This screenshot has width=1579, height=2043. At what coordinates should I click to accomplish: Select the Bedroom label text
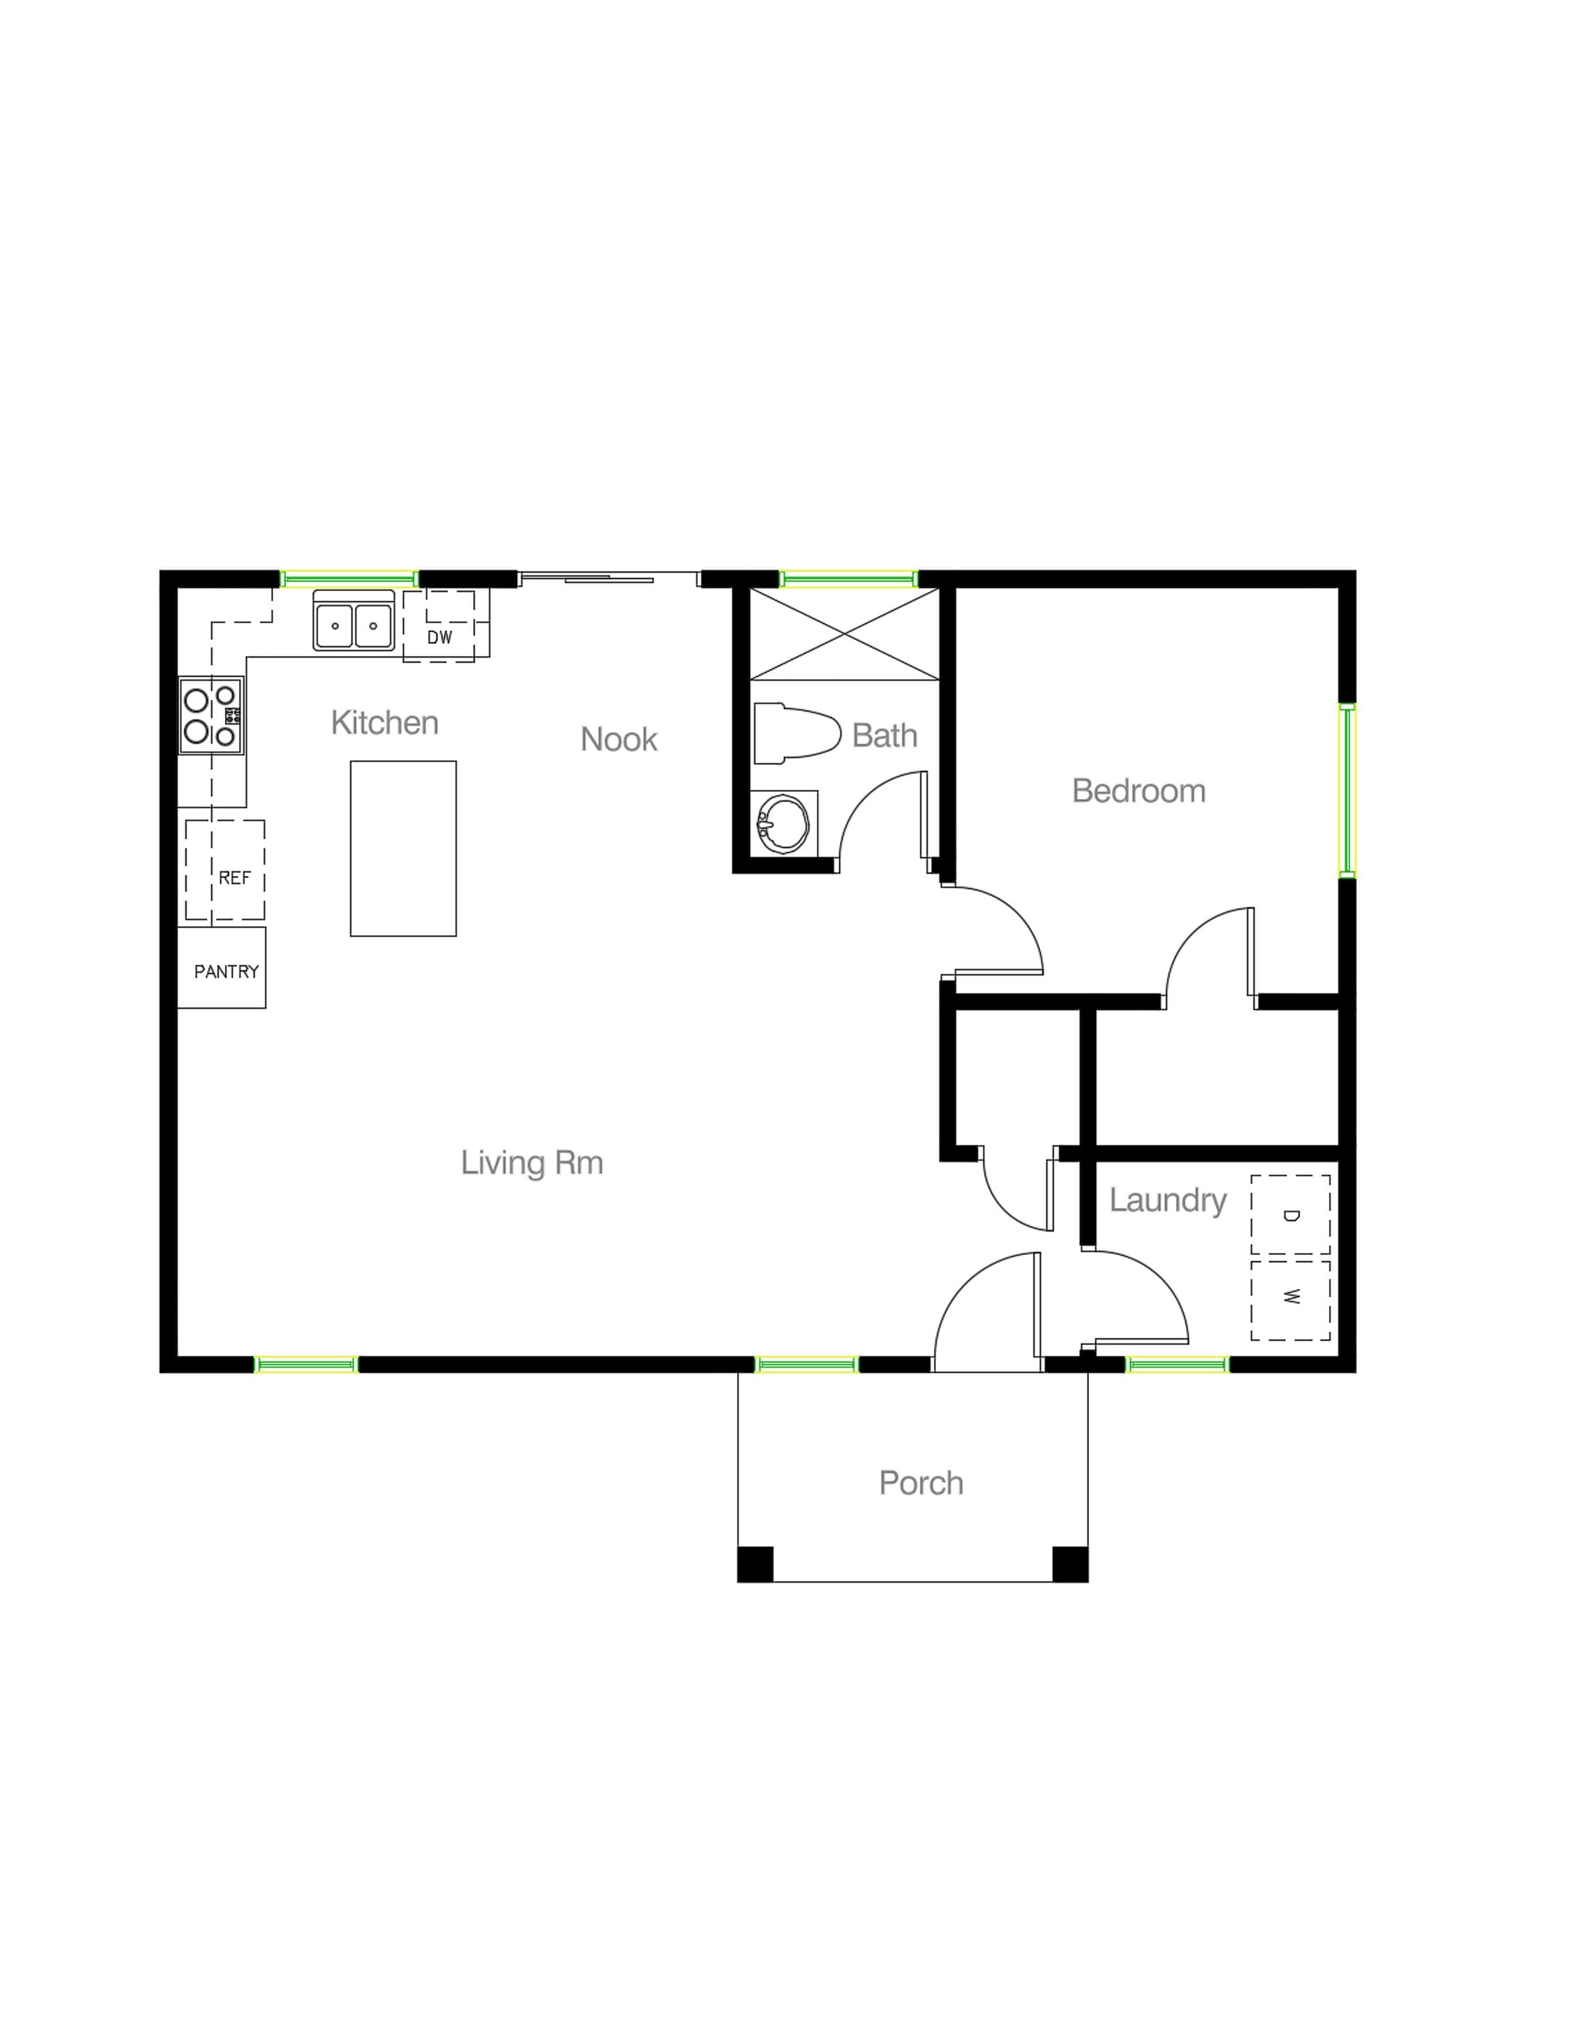tap(1138, 791)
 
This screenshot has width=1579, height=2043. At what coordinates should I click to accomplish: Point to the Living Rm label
tap(531, 1162)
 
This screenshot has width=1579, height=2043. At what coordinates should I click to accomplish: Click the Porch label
tap(920, 1483)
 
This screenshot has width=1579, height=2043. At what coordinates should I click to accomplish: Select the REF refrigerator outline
tap(225, 870)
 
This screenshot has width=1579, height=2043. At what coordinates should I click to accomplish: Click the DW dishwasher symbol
tap(439, 627)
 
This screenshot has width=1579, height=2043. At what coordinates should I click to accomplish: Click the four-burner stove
tap(211, 716)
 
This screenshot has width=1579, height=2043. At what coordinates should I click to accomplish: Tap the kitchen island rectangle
tap(403, 848)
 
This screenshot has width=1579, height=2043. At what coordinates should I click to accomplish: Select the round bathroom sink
tap(780, 824)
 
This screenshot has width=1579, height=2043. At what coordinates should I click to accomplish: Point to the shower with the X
tap(844, 634)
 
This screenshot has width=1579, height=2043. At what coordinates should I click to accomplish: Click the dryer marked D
tap(1290, 1214)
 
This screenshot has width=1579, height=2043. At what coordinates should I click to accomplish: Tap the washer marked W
tap(1290, 1299)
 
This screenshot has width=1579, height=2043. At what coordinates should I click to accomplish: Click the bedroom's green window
tap(1347, 791)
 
